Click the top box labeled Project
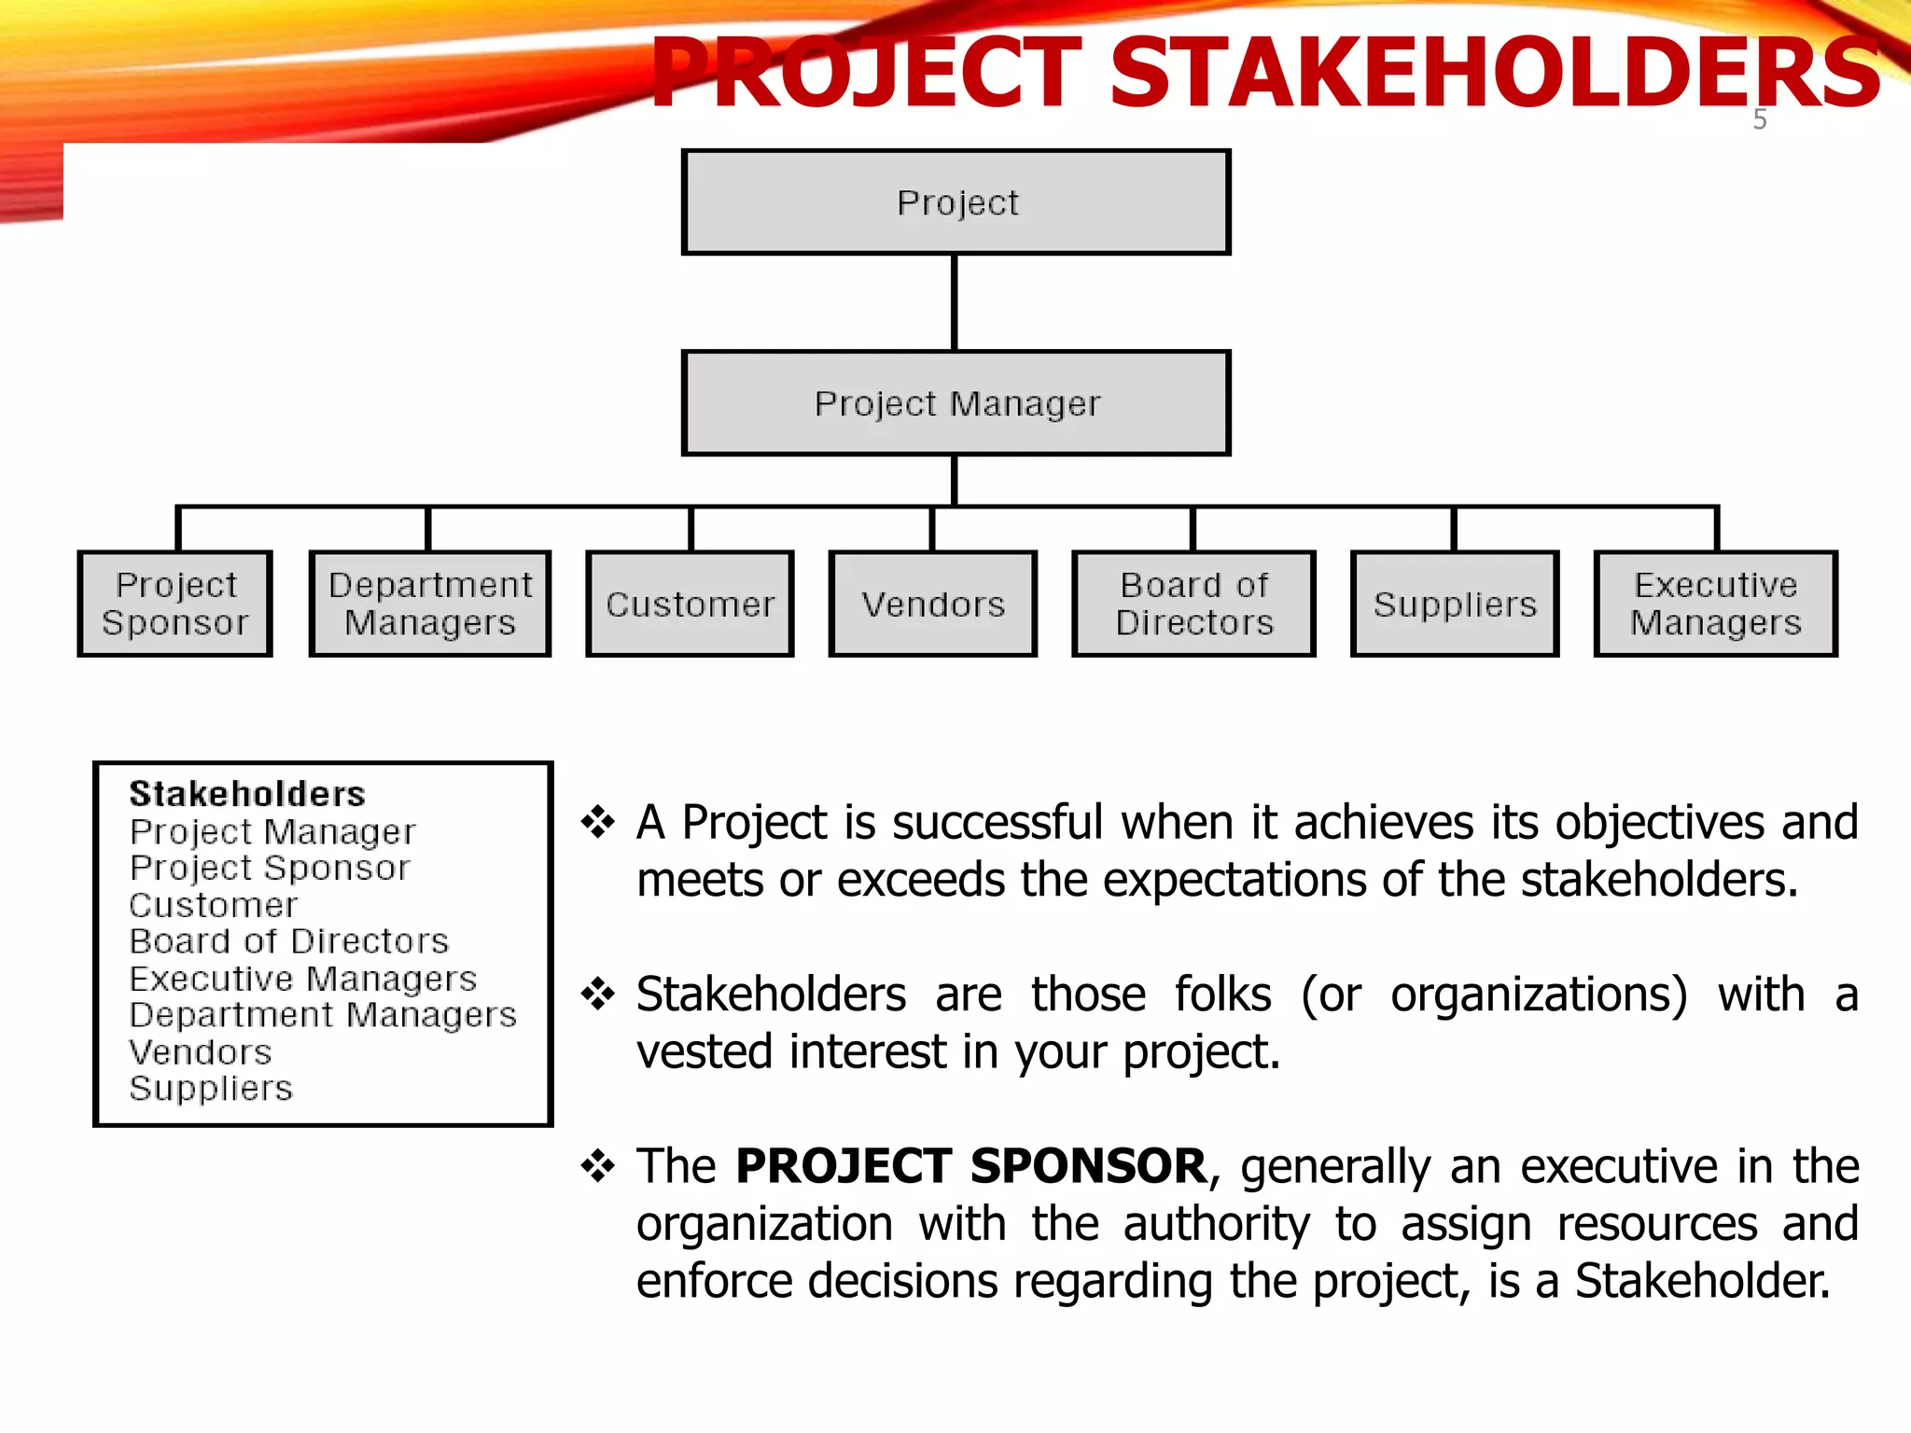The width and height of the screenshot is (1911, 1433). (956, 202)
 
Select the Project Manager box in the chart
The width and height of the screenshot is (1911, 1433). (956, 403)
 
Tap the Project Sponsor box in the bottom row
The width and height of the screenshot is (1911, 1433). (175, 604)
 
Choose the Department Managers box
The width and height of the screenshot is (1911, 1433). (430, 604)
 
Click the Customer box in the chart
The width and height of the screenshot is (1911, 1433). (690, 604)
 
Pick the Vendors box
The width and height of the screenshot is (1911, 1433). (933, 604)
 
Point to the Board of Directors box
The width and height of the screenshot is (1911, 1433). (1194, 604)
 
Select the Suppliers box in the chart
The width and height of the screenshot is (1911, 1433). (1455, 604)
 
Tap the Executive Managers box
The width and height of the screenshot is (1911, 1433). (1716, 604)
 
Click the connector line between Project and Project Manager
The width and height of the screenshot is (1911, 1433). (955, 302)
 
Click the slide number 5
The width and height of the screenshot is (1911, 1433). (1760, 119)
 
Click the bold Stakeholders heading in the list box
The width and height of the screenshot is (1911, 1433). (247, 794)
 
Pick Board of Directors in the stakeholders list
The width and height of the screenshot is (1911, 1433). (289, 941)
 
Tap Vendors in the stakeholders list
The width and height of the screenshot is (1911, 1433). (201, 1052)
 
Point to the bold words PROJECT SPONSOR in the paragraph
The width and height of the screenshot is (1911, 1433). (971, 1166)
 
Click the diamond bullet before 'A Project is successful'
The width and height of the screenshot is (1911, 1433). (598, 822)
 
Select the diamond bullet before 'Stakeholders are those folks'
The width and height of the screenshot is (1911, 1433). (598, 994)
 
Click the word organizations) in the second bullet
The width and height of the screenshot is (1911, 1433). (1539, 995)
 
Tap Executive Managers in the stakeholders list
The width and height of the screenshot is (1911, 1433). (303, 979)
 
